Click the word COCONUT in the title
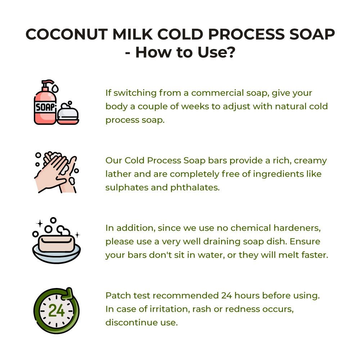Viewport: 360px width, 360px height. [x=66, y=34]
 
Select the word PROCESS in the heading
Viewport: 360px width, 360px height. [x=246, y=34]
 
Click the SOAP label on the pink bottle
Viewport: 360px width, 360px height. [x=45, y=107]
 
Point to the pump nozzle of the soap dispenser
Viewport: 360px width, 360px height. [x=48, y=82]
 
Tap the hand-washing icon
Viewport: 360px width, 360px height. [x=57, y=172]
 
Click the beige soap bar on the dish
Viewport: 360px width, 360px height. [x=57, y=243]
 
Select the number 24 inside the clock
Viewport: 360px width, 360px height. [x=56, y=311]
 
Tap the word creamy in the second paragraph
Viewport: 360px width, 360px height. [x=310, y=161]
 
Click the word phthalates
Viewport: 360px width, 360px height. [x=195, y=188]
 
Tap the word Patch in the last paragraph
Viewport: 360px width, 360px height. [x=118, y=296]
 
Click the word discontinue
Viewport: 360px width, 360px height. [x=131, y=323]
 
